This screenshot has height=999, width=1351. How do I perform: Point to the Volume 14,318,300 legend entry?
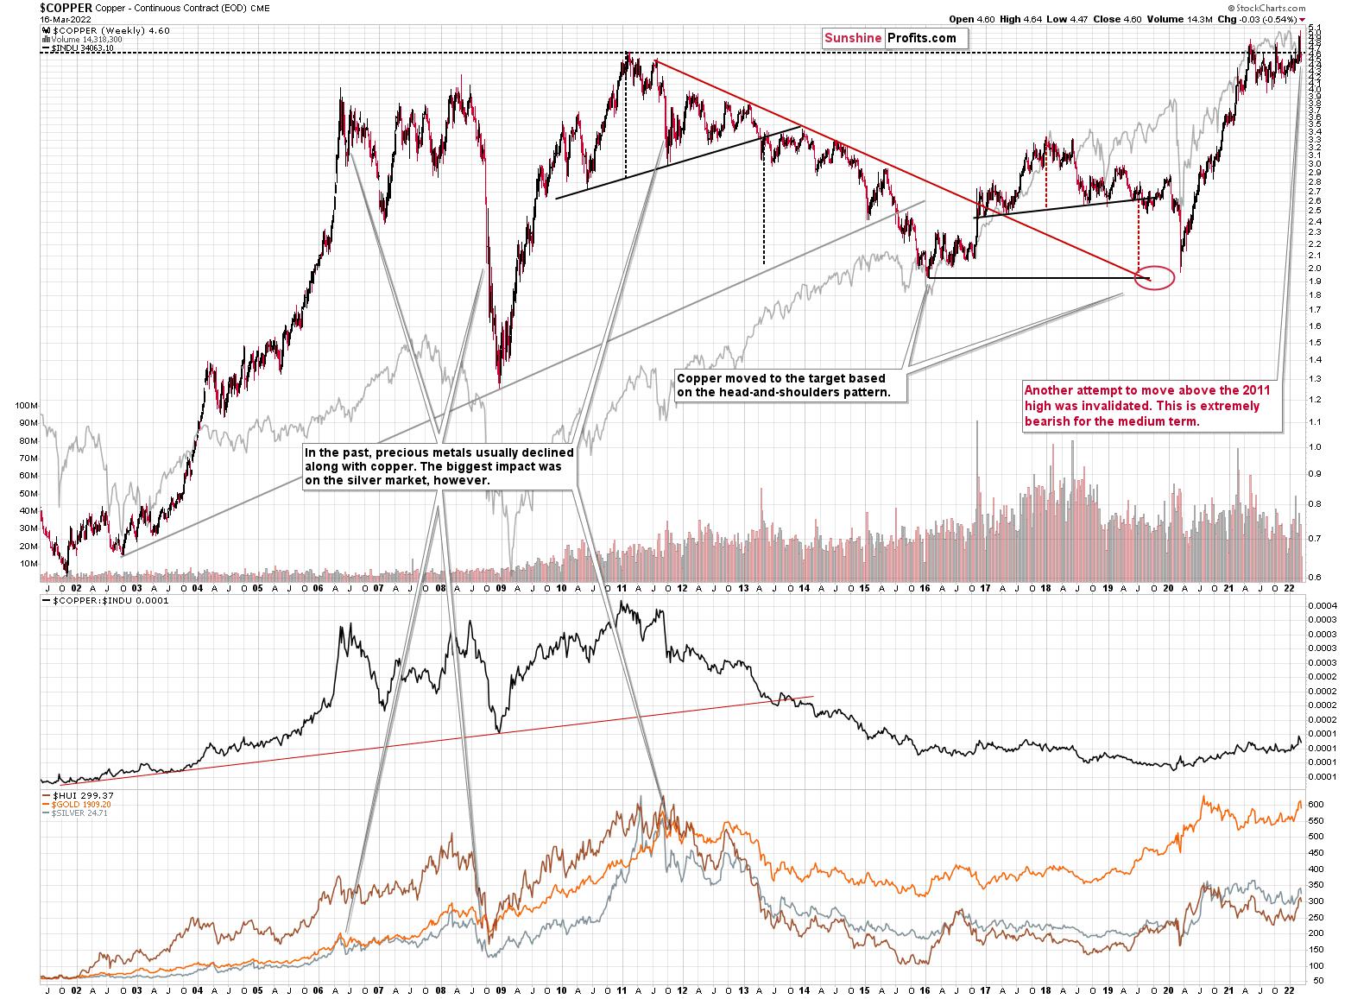coord(77,39)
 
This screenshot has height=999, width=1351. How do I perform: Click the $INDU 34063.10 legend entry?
coord(79,48)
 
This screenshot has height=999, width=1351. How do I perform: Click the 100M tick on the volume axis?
coord(27,405)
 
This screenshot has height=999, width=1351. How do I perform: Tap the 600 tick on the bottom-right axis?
coord(1316,804)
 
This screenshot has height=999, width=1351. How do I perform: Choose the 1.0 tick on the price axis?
coord(1314,447)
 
